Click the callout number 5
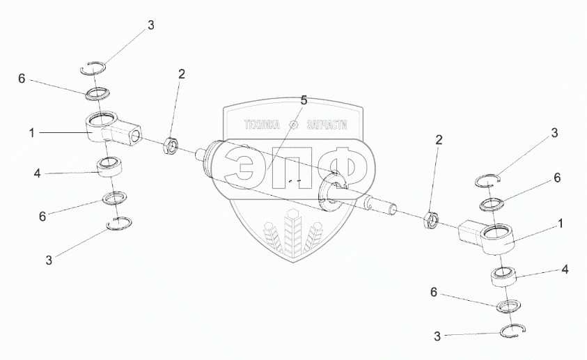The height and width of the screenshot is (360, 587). pos(304,100)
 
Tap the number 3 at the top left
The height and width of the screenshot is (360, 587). pos(150,26)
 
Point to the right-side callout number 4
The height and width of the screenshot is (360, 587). pos(565,268)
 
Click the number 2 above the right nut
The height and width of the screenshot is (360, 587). pos(439,140)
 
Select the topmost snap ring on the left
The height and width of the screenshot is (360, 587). pos(94,68)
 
